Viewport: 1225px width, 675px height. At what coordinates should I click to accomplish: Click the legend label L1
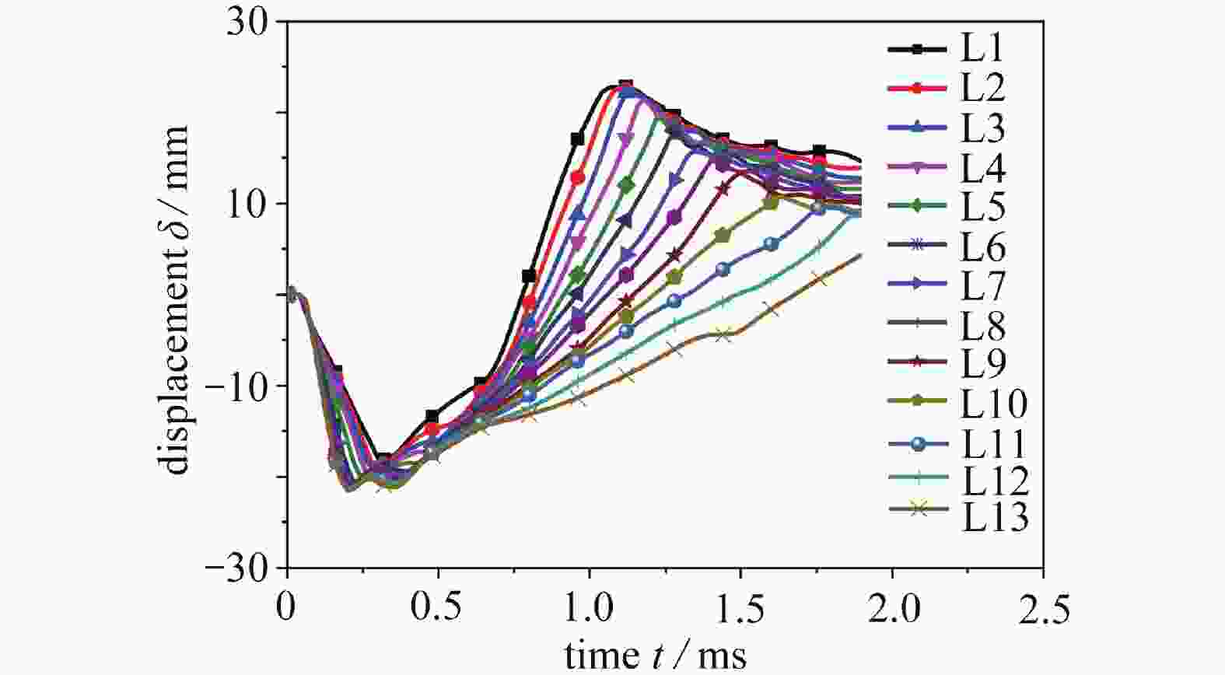click(x=982, y=50)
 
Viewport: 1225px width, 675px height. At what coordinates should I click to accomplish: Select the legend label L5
click(x=984, y=206)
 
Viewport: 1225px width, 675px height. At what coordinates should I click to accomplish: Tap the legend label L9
click(x=984, y=362)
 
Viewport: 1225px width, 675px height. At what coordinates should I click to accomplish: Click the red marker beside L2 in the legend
click(x=918, y=89)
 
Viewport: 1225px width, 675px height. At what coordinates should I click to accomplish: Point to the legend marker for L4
click(x=918, y=167)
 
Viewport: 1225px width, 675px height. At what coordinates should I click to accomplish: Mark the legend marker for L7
click(x=918, y=285)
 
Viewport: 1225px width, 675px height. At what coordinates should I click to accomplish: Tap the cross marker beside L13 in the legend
click(x=918, y=509)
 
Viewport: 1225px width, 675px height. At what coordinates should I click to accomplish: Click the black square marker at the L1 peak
click(x=625, y=86)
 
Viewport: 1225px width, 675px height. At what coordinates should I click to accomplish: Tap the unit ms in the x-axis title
click(x=723, y=655)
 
